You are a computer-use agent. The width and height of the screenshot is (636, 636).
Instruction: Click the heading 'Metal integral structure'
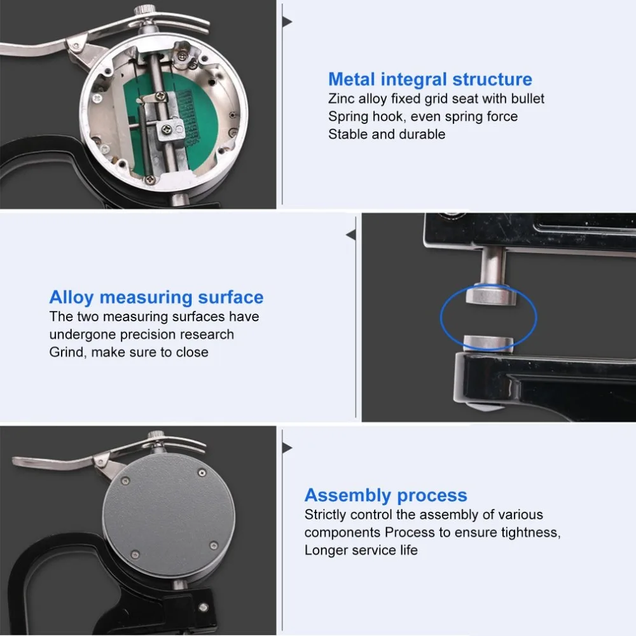pyautogui.click(x=430, y=79)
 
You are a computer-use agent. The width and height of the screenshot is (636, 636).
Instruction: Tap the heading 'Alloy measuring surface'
pyautogui.click(x=156, y=297)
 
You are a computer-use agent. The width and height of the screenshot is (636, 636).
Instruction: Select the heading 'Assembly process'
pyautogui.click(x=386, y=495)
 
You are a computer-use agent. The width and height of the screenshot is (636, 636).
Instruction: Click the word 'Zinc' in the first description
pyautogui.click(x=342, y=99)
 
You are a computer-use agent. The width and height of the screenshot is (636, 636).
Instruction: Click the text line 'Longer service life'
pyautogui.click(x=361, y=550)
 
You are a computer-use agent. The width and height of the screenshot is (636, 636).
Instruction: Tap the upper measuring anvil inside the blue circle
pyautogui.click(x=491, y=295)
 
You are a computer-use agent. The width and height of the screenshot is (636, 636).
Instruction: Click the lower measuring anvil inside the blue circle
pyautogui.click(x=488, y=343)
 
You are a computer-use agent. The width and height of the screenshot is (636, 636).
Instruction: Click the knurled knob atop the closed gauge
pyautogui.click(x=156, y=435)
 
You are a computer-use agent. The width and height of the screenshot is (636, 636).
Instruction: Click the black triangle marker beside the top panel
pyautogui.click(x=287, y=22)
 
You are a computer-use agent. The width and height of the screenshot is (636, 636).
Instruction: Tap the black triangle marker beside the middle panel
pyautogui.click(x=351, y=235)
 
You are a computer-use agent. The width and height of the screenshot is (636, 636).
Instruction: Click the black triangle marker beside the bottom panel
pyautogui.click(x=287, y=448)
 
